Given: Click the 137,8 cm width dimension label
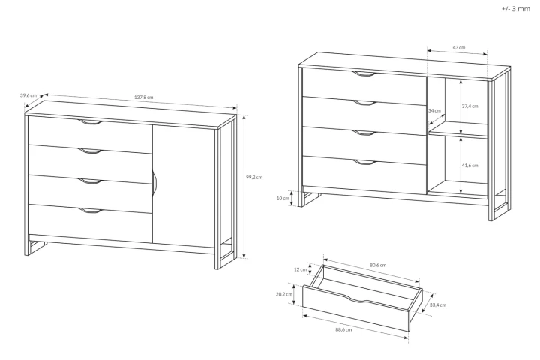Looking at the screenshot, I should click(144, 97).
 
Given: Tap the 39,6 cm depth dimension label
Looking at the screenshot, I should click(28, 95).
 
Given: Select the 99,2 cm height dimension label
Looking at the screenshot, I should click(253, 177).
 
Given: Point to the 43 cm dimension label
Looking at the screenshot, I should click(458, 46).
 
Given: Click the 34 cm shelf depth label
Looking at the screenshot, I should click(434, 110).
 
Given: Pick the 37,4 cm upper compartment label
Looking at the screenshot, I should click(470, 106).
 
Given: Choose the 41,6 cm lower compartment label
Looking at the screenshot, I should click(470, 165).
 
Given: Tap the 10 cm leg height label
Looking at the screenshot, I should click(282, 198).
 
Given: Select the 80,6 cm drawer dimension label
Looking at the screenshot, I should click(379, 264).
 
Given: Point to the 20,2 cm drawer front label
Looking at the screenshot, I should click(285, 294).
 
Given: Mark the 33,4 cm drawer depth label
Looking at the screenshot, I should click(439, 304).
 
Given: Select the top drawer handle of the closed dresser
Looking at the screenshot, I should click(91, 121).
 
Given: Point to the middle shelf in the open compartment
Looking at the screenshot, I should click(457, 135).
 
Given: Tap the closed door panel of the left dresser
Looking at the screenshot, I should click(184, 184).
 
